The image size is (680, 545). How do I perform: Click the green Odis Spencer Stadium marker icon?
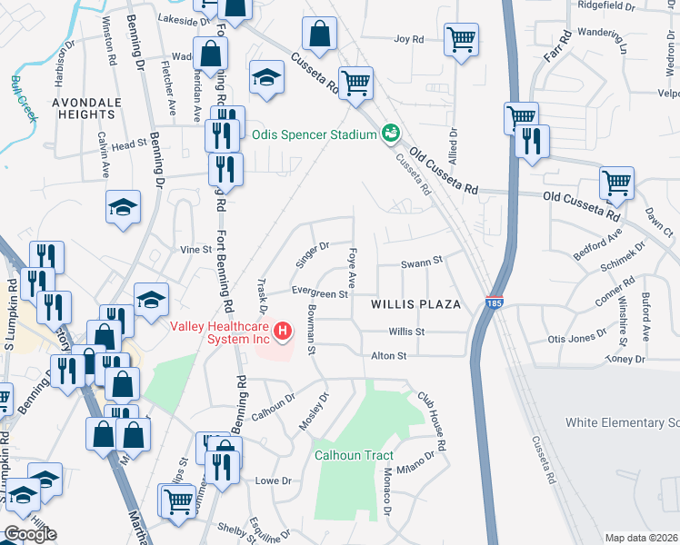392,134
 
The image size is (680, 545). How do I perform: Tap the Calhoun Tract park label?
352,455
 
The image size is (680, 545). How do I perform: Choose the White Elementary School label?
622,423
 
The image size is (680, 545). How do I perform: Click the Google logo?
30,534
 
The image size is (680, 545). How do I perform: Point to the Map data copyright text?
641,537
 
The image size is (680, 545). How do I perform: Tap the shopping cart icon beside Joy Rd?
462,39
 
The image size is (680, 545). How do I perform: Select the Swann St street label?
422,261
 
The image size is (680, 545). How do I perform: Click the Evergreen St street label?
320,293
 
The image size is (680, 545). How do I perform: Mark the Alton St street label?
388,356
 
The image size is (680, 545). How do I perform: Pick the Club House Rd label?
433,422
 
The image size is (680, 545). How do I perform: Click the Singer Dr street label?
311,255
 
